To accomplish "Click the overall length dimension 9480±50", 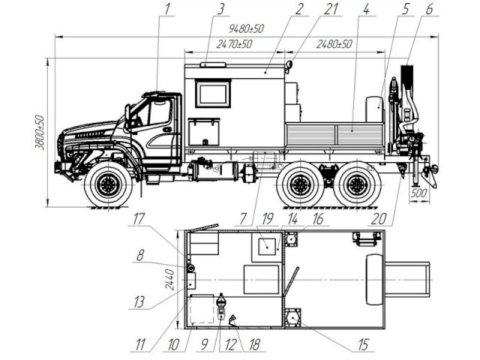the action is point(246,28).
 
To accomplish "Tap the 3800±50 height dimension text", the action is point(40,132).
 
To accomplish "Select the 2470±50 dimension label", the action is point(234,44).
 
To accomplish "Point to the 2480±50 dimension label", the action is point(334,44).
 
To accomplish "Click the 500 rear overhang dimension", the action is point(418,193).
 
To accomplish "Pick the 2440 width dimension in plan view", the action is point(170,279).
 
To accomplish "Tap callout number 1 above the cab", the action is point(166,9).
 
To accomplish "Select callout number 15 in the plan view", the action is point(363,345).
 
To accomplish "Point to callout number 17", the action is point(139,219).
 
